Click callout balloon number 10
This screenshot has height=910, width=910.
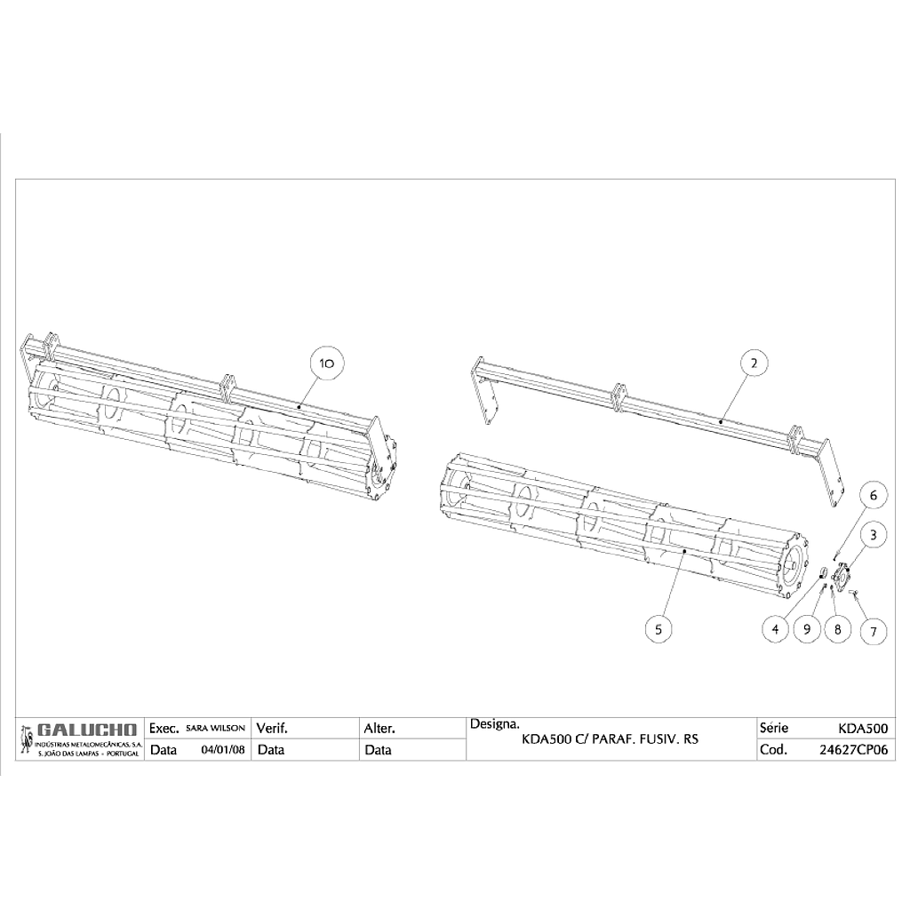[327, 363]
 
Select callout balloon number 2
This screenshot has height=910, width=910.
[754, 363]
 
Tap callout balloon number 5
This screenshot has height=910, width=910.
[659, 629]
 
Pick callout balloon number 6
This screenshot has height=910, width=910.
[873, 496]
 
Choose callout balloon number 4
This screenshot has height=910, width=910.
[775, 629]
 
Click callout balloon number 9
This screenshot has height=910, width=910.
[807, 629]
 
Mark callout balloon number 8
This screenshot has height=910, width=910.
[837, 629]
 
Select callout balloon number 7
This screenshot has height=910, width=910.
[874, 631]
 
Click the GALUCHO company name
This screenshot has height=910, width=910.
[86, 730]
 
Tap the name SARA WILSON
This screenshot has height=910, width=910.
[215, 728]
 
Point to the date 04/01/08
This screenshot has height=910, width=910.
[223, 750]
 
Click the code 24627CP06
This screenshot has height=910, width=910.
[853, 750]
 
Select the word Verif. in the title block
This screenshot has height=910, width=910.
[272, 729]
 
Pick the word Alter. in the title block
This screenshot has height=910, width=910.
[379, 729]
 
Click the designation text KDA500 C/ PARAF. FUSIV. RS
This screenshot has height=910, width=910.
[611, 739]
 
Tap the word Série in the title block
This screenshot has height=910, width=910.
[774, 728]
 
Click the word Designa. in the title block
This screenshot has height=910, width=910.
[494, 723]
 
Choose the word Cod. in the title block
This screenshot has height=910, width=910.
[774, 750]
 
